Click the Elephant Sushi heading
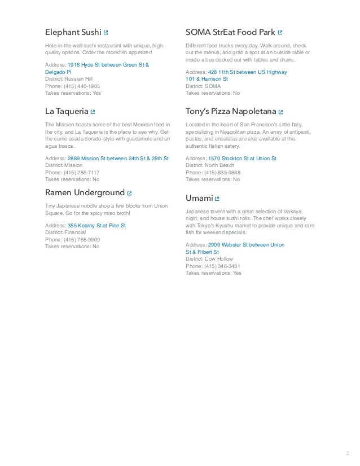73,32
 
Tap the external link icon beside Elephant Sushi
106,33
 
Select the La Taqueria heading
67,112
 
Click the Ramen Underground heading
85,193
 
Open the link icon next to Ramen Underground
130,194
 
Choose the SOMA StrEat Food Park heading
230,32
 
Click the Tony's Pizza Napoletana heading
231,112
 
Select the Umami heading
199,198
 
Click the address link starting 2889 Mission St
117,159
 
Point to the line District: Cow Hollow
207,259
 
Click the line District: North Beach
209,166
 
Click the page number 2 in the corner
346,452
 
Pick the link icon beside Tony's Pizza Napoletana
280,112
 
